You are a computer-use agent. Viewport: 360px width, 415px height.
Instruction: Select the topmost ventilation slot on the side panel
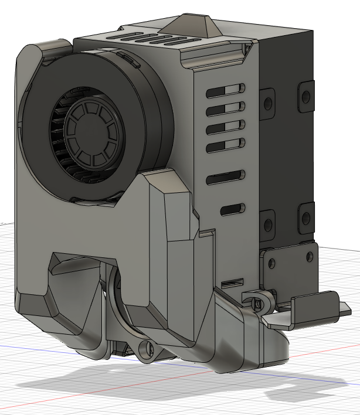225,90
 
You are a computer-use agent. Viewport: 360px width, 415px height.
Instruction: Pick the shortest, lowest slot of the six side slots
233,209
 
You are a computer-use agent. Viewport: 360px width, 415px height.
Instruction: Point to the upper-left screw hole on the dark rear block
268,103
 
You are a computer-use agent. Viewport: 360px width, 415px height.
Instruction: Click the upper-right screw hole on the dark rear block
306,95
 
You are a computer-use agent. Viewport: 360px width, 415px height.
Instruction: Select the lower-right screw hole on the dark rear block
306,217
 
